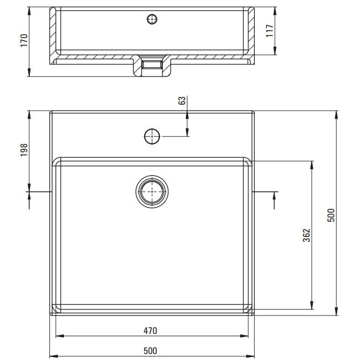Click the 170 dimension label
coord(24,41)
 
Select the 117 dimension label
coord(269,31)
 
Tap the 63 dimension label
coord(182,100)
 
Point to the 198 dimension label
coord(24,150)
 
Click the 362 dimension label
coord(306,235)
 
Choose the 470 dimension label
coord(150,331)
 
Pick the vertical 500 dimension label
coord(331,215)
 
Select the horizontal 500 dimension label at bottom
coord(150,351)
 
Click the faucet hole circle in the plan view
coord(152,137)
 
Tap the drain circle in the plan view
coord(152,191)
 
